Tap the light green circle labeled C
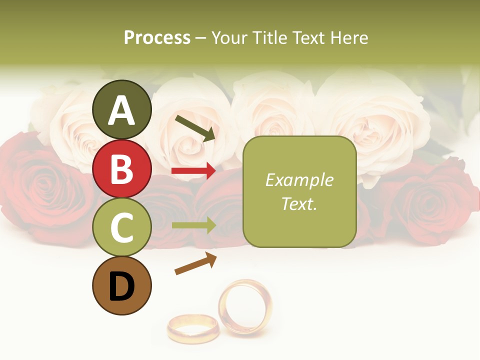point(121,227)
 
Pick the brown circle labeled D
point(121,286)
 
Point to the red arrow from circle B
point(193,171)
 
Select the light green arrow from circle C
point(193,225)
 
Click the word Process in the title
point(157,38)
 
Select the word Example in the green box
point(299,180)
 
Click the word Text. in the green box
point(299,204)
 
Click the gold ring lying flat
point(193,328)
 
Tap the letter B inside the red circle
point(121,169)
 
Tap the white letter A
point(121,110)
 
